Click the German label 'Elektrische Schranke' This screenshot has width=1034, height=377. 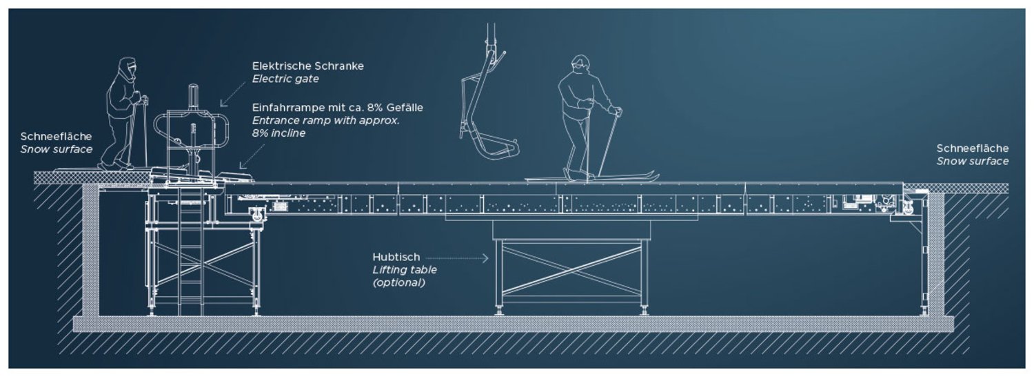point(308,66)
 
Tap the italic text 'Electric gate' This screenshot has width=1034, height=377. point(285,79)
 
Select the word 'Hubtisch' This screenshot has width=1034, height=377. point(396,257)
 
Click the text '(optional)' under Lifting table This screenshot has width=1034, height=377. point(398,282)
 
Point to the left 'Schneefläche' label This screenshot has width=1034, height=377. point(56,137)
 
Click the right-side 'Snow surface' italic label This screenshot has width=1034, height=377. point(972,162)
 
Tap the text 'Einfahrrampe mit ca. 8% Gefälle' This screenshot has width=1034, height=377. point(338,108)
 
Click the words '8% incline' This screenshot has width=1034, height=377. point(278,133)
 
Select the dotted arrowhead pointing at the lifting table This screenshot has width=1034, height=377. point(485,258)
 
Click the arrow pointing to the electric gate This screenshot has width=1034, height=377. point(233,94)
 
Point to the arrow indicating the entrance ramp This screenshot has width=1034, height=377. point(252,156)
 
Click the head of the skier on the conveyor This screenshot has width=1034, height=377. point(580,64)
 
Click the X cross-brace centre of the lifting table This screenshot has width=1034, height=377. point(571,270)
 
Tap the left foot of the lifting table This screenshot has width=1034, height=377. point(500,309)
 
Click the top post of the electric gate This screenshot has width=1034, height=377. point(194,97)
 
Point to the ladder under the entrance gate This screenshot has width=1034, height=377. point(191,254)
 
